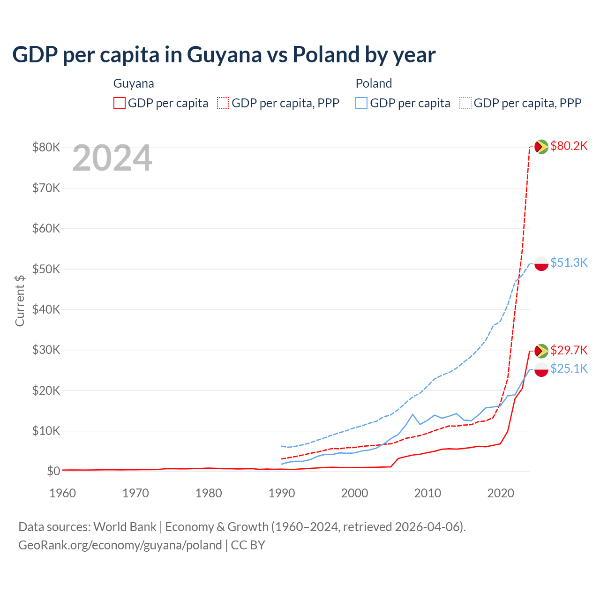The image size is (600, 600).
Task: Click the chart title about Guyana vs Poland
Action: click(x=224, y=55)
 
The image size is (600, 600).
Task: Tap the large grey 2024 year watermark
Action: click(x=112, y=158)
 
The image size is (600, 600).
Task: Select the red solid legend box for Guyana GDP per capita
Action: click(x=120, y=103)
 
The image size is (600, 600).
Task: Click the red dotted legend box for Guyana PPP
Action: click(x=223, y=103)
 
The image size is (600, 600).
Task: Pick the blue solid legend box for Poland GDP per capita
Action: click(x=361, y=103)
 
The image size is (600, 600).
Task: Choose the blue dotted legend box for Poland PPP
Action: click(x=465, y=103)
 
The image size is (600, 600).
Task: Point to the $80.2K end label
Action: click(x=569, y=146)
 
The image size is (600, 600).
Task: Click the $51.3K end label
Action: click(x=569, y=262)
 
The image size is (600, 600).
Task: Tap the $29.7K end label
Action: click(x=569, y=350)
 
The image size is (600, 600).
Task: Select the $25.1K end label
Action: click(x=569, y=369)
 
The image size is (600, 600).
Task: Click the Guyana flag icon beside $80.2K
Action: click(x=541, y=147)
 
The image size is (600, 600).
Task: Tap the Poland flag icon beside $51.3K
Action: click(x=541, y=263)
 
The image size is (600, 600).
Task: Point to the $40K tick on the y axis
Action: click(x=46, y=309)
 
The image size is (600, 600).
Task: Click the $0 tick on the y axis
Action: click(x=53, y=471)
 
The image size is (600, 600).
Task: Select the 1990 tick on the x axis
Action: click(x=282, y=493)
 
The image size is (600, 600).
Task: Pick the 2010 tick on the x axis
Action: click(x=427, y=493)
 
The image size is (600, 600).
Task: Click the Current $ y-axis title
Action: click(x=20, y=300)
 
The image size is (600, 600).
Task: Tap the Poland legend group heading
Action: click(x=374, y=83)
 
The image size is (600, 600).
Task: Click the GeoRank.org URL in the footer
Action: click(x=120, y=545)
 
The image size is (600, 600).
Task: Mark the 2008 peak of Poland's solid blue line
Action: click(x=412, y=414)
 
